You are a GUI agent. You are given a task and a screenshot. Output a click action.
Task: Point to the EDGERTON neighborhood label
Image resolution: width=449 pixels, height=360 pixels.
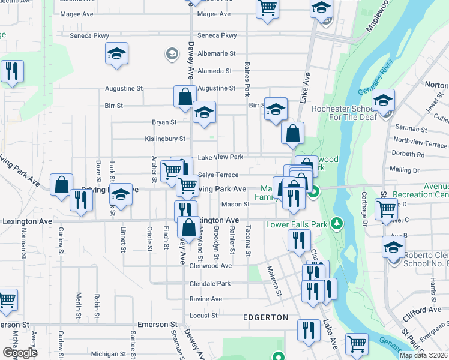coord(265,317)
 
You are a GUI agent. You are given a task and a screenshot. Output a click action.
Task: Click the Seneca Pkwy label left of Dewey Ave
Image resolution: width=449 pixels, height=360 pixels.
coord(89,36)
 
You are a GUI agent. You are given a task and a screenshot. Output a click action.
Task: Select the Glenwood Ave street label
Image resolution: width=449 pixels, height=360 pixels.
coord(210,265)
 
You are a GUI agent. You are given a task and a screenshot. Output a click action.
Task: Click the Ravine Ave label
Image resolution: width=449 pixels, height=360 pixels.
coord(206,299)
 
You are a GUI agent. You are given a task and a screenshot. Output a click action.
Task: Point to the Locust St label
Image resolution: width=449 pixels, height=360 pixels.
coord(203,315)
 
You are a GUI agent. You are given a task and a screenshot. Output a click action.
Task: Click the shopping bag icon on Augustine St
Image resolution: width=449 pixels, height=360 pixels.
coord(185,97)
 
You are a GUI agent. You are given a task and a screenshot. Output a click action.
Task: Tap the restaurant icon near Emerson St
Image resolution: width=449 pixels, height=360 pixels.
coord(309,329)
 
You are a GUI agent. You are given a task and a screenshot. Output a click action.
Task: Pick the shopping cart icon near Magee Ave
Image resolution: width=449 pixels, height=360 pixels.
coord(267,9)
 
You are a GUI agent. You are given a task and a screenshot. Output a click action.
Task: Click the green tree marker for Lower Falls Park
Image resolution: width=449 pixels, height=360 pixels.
coord(337,224)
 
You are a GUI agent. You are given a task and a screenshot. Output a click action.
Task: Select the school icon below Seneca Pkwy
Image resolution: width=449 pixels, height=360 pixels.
coord(117,53)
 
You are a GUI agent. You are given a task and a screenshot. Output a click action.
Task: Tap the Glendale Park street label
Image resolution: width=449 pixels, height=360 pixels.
coord(210,283)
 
